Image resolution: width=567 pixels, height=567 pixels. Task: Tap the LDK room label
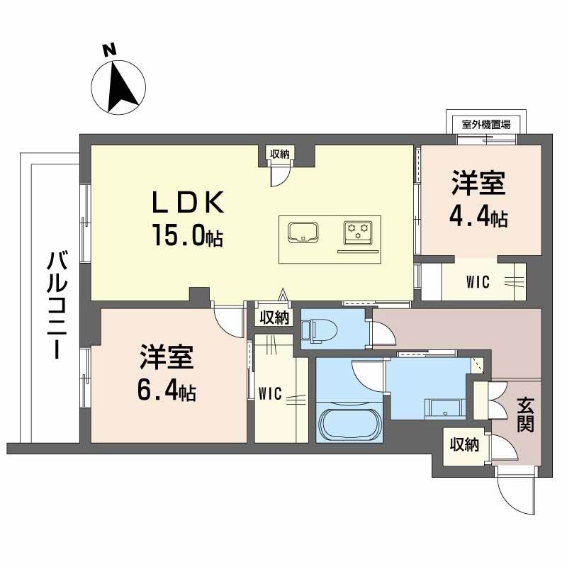click(189, 203)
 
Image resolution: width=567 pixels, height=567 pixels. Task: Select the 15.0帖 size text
click(186, 235)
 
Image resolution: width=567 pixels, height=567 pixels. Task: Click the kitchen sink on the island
click(303, 232)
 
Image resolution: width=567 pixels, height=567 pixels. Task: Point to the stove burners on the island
click(357, 230)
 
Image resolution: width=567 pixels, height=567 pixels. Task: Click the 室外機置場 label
click(486, 124)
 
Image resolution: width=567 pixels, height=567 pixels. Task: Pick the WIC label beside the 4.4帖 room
click(478, 281)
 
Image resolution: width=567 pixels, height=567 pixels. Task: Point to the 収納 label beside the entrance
click(464, 445)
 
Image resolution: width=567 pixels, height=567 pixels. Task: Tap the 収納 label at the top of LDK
click(279, 153)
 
